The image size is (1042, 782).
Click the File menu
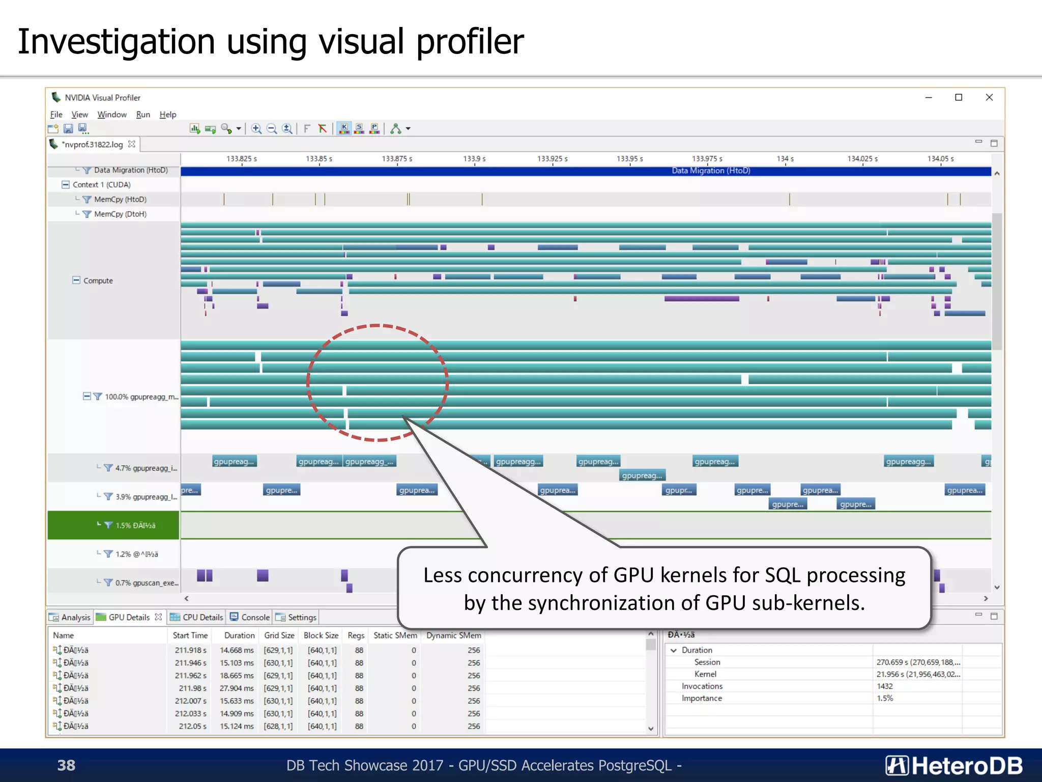pyautogui.click(x=56, y=115)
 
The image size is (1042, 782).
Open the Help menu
pyautogui.click(x=167, y=115)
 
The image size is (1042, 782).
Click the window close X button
pyautogui.click(x=989, y=97)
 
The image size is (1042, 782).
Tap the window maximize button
pyautogui.click(x=959, y=97)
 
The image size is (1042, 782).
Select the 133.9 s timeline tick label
pyautogui.click(x=474, y=159)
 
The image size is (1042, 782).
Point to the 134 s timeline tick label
pyautogui.click(x=785, y=159)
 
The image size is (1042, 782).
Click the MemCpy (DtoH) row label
pyautogui.click(x=120, y=214)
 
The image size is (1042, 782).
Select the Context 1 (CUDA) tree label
pyautogui.click(x=101, y=185)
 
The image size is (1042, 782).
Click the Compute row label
pyautogui.click(x=98, y=281)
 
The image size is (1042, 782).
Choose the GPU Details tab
pyautogui.click(x=129, y=617)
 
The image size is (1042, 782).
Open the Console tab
pyautogui.click(x=255, y=617)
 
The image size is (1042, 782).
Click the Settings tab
pyautogui.click(x=302, y=617)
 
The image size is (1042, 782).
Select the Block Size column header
pyautogui.click(x=321, y=635)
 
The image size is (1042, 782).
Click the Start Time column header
pyautogui.click(x=190, y=635)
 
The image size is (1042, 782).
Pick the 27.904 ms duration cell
pyautogui.click(x=237, y=688)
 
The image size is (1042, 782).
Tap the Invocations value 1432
pyautogui.click(x=885, y=686)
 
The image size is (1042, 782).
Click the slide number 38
pyautogui.click(x=66, y=765)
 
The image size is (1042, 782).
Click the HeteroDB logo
pyautogui.click(x=954, y=766)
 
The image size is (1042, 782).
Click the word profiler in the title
pyautogui.click(x=470, y=42)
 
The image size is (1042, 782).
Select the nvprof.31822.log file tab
pyautogui.click(x=92, y=145)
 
